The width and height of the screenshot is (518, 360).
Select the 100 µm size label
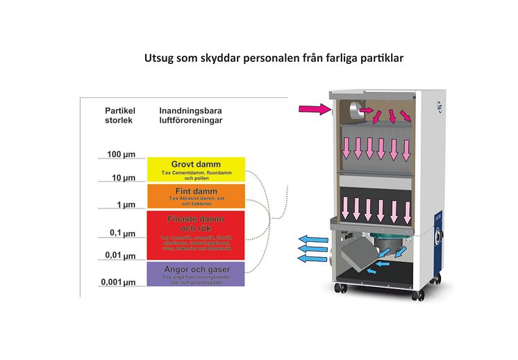(119, 154)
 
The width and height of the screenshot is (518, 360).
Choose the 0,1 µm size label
(121, 233)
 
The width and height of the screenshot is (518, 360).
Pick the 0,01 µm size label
(119, 255)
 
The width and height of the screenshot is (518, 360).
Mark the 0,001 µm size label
(117, 282)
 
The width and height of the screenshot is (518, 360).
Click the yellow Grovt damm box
(196, 169)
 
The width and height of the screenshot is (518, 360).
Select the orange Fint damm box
(196, 195)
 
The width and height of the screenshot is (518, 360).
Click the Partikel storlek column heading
(119, 115)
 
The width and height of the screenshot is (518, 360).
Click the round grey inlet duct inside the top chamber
(356, 110)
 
